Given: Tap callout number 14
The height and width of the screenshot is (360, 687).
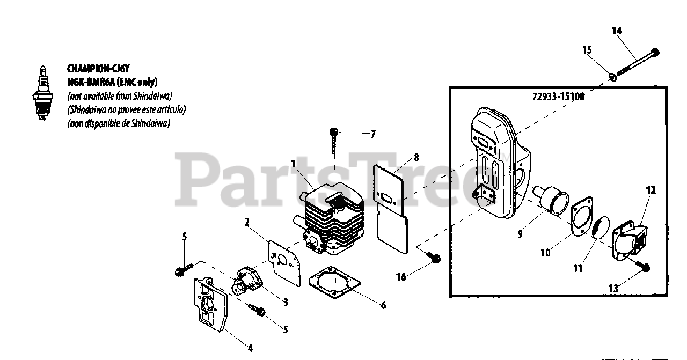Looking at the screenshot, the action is point(617,31).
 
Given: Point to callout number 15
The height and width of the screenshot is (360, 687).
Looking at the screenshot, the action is point(587,50).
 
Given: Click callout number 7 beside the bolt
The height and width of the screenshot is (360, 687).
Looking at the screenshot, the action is point(373,134).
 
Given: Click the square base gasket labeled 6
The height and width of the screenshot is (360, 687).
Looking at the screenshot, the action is point(333,284).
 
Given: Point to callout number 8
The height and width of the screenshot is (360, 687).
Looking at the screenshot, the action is point(416,158).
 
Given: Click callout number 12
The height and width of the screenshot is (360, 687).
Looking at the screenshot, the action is point(651,190).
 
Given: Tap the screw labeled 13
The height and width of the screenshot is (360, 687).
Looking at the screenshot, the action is point(642,267).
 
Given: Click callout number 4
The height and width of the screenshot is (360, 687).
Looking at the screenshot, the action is point(250,348).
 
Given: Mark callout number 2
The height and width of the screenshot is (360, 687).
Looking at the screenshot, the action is point(246,221).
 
